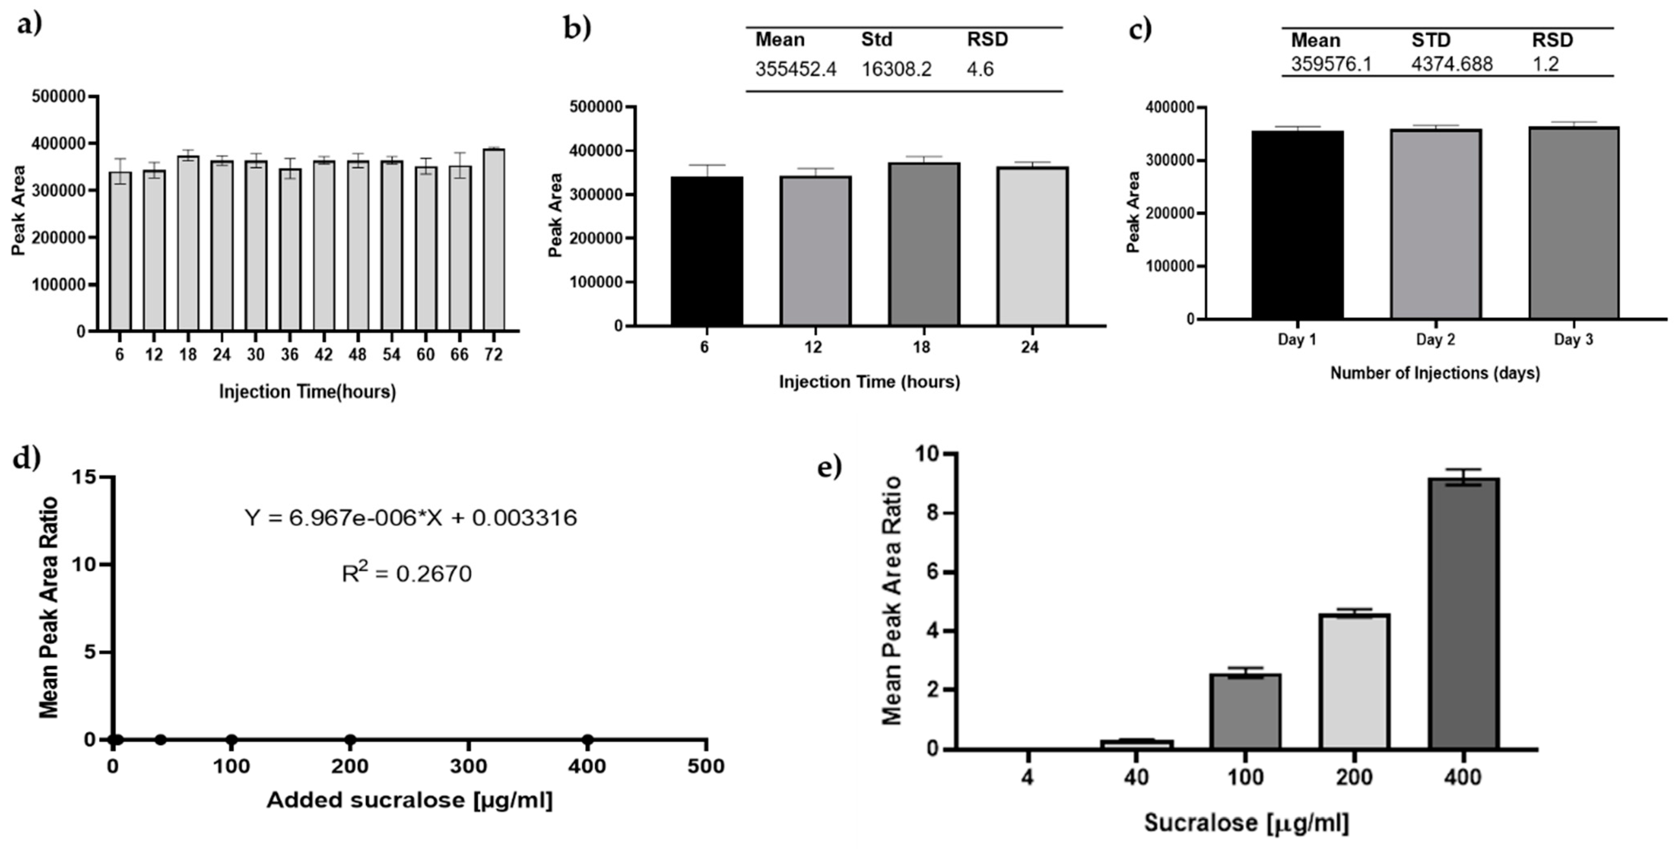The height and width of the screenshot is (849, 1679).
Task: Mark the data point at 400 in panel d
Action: point(587,739)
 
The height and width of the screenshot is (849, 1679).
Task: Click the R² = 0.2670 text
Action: point(407,574)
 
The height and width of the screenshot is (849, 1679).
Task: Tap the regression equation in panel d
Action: point(411,518)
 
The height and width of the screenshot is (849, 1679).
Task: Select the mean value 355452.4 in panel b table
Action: point(795,69)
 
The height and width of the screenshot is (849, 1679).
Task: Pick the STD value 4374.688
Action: point(1452,64)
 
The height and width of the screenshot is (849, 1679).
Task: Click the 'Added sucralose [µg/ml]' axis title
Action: point(409,800)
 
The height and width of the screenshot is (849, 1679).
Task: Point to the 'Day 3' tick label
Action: point(1573,339)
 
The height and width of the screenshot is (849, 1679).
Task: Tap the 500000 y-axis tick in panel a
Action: point(59,96)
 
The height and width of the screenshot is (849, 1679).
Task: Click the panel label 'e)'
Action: point(829,467)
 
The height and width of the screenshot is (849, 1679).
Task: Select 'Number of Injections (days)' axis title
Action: point(1435,373)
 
